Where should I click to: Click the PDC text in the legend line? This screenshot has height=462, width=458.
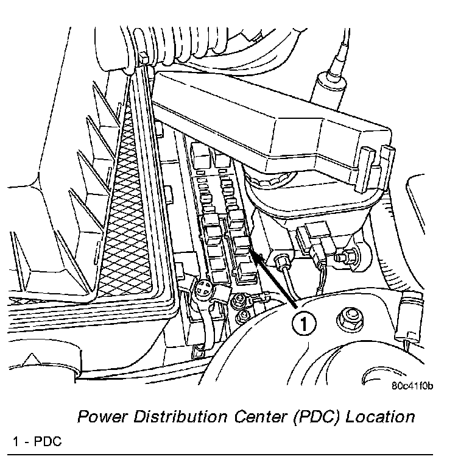(x=49, y=441)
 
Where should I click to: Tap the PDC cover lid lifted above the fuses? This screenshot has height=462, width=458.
(x=268, y=122)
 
